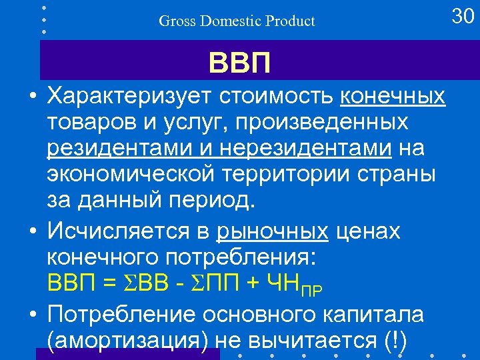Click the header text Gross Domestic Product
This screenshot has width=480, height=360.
click(x=237, y=21)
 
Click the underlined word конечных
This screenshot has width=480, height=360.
click(x=393, y=97)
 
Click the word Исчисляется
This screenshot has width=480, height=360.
click(x=114, y=231)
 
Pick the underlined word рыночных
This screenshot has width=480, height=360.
click(x=272, y=231)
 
